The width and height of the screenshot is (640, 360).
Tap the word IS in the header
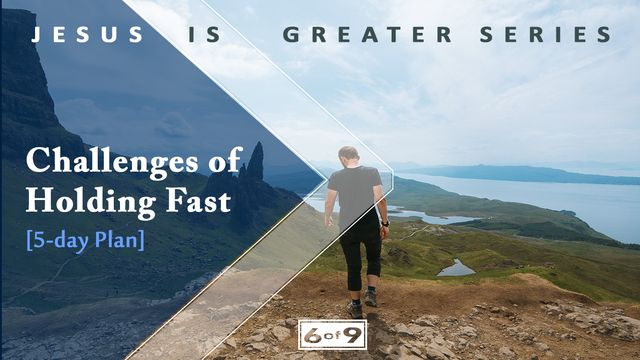click(x=203, y=35)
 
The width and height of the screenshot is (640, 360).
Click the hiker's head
click(x=349, y=156)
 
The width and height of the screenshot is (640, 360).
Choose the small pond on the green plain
click(x=456, y=268)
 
